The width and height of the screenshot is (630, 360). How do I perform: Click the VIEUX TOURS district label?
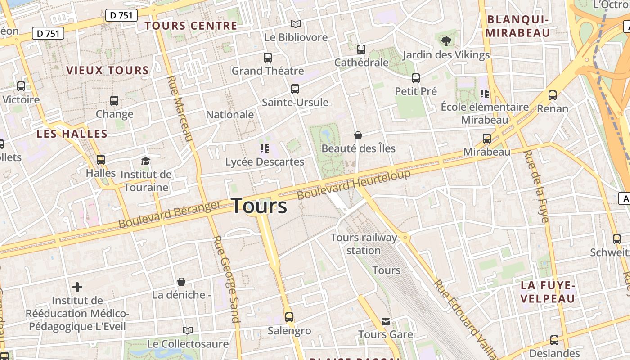pyautogui.click(x=108, y=70)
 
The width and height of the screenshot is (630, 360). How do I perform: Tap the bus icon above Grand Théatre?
pyautogui.click(x=268, y=58)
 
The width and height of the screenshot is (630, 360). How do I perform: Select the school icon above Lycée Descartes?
pyautogui.click(x=265, y=148)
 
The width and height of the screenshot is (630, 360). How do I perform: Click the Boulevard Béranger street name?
pyautogui.click(x=170, y=214)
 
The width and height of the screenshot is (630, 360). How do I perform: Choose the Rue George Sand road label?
pyautogui.click(x=225, y=279)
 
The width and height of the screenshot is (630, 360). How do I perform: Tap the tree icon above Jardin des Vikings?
pyautogui.click(x=446, y=42)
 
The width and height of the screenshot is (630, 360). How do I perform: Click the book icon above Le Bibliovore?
pyautogui.click(x=295, y=24)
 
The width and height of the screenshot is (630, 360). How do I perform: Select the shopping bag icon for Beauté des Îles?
pyautogui.click(x=358, y=135)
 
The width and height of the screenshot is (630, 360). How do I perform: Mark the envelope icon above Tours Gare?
pyautogui.click(x=386, y=321)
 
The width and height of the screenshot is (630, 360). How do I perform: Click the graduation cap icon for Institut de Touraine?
pyautogui.click(x=145, y=161)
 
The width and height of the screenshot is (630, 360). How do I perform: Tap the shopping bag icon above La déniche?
pyautogui.click(x=181, y=282)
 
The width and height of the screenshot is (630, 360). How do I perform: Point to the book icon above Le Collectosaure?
pyautogui.click(x=188, y=331)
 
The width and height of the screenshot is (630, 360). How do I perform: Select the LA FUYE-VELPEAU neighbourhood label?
pyautogui.click(x=548, y=292)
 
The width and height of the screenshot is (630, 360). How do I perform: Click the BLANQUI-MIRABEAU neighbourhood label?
pyautogui.click(x=518, y=26)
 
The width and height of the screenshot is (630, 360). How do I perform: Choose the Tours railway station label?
pyautogui.click(x=364, y=244)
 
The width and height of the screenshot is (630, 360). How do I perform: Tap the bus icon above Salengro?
pyautogui.click(x=289, y=317)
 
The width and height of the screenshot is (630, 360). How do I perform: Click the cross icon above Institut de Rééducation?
pyautogui.click(x=77, y=287)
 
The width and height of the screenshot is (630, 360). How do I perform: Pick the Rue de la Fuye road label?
pyautogui.click(x=536, y=186)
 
